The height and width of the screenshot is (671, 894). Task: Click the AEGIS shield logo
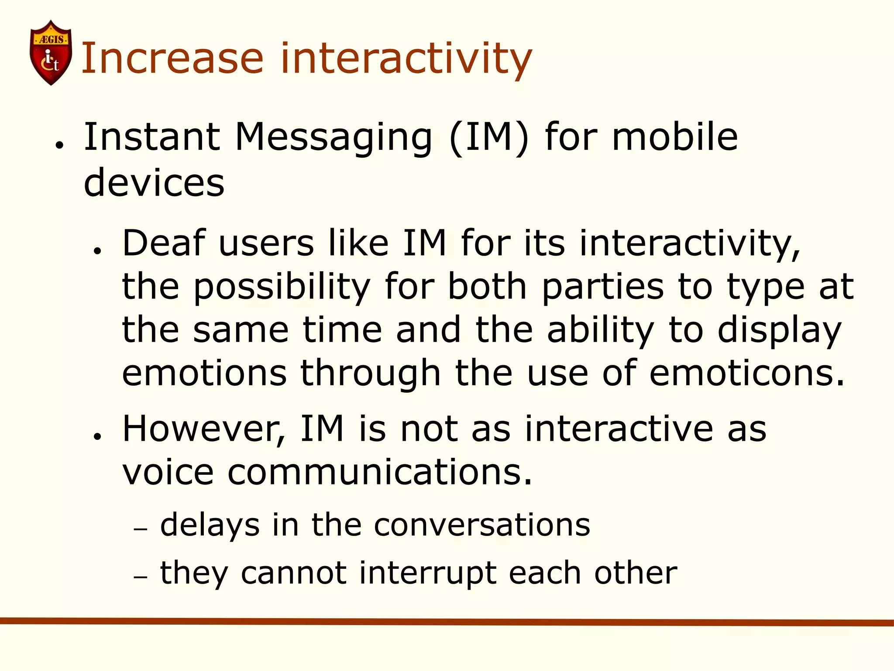point(51,52)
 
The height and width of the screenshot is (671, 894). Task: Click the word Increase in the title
point(172,59)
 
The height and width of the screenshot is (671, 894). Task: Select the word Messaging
point(334,137)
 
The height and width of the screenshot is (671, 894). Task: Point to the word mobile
point(675,137)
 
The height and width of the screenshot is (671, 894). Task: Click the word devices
point(154,183)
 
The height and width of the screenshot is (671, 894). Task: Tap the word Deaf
point(164,243)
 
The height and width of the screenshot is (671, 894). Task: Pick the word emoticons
point(747,373)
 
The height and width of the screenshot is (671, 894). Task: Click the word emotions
point(204,373)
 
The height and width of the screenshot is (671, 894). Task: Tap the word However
point(203,429)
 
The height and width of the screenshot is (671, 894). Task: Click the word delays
point(210,525)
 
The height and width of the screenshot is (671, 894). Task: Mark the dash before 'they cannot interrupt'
point(141,577)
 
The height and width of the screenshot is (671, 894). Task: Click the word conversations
point(482,525)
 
